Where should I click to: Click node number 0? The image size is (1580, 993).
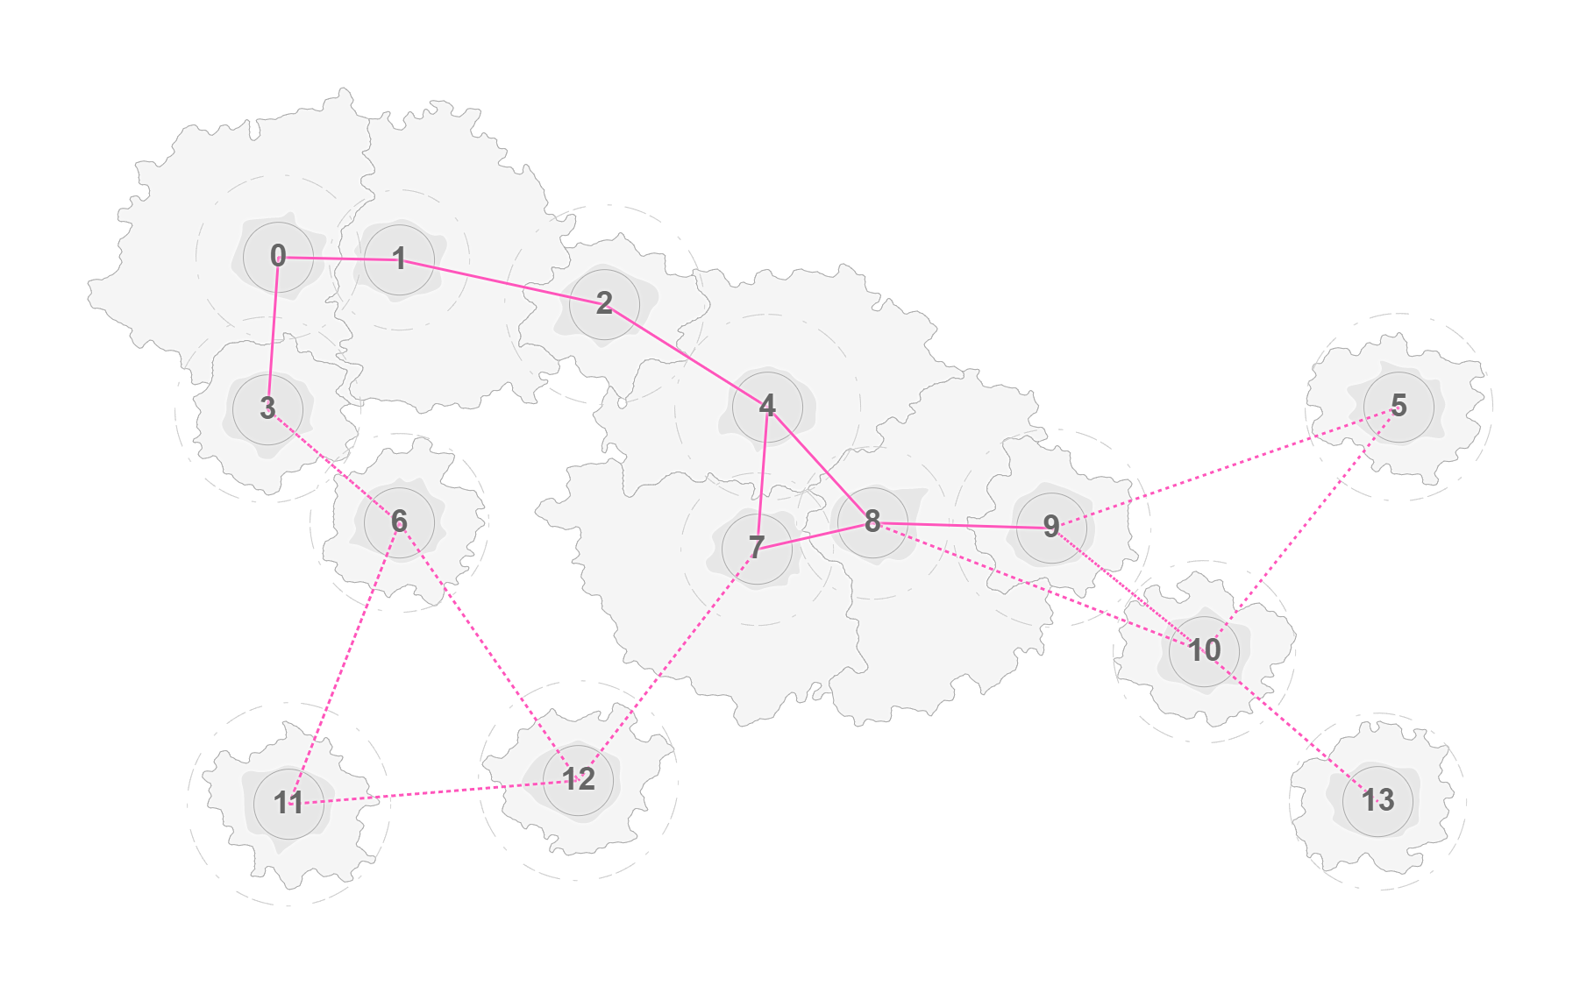tap(278, 257)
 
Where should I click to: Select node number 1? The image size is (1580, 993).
tap(399, 259)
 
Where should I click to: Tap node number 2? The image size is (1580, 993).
tap(604, 303)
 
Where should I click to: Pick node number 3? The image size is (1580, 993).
tap(267, 408)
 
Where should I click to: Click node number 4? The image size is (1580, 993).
tap(767, 406)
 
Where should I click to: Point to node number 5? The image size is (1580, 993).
tap(1399, 407)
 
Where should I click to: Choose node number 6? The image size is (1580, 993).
tap(399, 521)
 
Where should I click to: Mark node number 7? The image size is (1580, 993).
tap(757, 549)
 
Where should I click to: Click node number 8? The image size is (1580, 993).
tap(872, 522)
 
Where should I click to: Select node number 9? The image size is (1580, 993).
tap(1051, 528)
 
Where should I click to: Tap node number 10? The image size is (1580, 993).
tap(1204, 650)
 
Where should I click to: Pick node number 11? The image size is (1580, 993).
tap(288, 803)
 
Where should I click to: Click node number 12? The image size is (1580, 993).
tap(578, 779)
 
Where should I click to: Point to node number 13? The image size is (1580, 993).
tap(1377, 800)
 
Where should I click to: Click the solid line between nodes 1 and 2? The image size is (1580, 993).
tap(502, 281)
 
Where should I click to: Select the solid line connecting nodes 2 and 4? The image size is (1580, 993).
tap(686, 354)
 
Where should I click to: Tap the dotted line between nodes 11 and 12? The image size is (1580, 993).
tap(433, 791)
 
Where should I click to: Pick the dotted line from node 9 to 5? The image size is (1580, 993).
tap(1225, 467)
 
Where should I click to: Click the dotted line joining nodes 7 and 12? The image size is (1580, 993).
tap(667, 663)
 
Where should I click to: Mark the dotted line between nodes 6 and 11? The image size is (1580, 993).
tap(344, 662)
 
